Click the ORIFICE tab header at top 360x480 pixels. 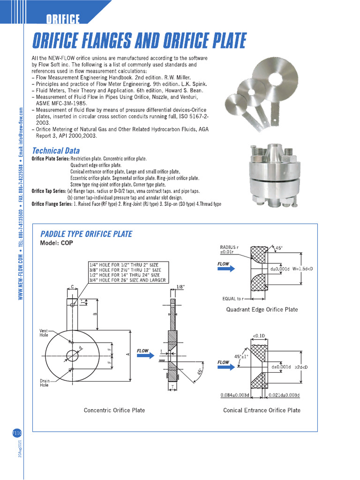point(63,19)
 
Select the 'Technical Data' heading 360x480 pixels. point(55,151)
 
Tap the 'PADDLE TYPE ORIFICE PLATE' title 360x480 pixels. point(86,234)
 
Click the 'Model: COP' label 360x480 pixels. point(56,243)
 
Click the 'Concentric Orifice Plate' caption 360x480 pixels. point(114,410)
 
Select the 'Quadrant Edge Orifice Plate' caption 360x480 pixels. point(262,309)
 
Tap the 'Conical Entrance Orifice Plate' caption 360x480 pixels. point(262,410)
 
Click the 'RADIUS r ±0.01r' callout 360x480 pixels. point(229,250)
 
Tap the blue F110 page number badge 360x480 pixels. point(17,433)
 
